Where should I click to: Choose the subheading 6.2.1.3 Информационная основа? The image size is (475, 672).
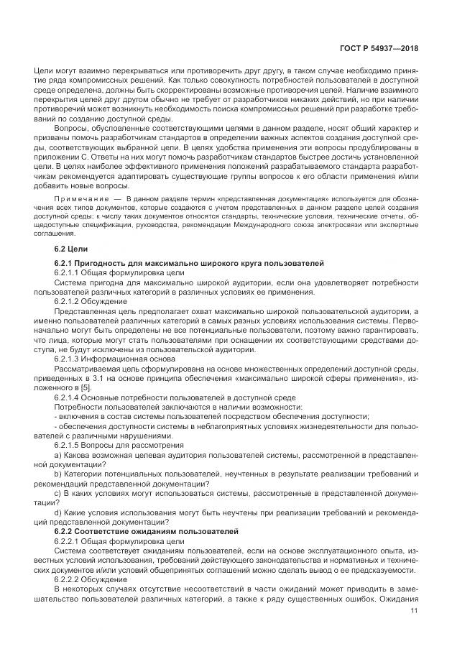(107, 358)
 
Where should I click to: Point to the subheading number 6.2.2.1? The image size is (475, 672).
(68, 540)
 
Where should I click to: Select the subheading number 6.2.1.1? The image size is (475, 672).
(68, 274)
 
